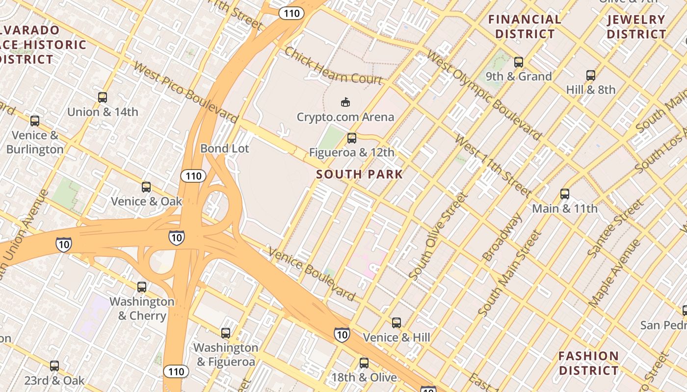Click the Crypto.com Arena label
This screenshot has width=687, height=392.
tap(345, 117)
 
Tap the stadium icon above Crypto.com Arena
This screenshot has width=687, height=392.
tap(345, 102)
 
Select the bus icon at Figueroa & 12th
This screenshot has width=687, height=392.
tap(351, 138)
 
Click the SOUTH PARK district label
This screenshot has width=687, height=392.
tap(359, 174)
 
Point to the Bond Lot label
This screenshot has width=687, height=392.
tap(225, 148)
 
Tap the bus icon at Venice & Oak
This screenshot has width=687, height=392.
tap(146, 187)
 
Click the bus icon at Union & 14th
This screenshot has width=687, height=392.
tap(103, 97)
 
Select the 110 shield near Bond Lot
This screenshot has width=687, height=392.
tap(193, 175)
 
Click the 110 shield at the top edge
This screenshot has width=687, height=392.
tap(291, 13)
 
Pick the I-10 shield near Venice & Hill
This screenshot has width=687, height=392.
tap(342, 334)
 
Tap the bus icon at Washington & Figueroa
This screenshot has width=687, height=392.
tap(226, 333)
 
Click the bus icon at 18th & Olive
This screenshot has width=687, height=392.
tap(364, 363)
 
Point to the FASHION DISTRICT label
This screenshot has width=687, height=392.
tap(588, 363)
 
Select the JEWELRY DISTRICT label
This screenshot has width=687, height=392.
tap(636, 27)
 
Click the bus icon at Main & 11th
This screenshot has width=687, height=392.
tap(565, 194)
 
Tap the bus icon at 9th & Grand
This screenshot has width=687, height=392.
tap(519, 62)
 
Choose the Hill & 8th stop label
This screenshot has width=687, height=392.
tap(590, 90)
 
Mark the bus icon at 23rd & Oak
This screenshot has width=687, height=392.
tap(54, 366)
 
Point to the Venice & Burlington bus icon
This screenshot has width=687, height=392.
tap(35, 121)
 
